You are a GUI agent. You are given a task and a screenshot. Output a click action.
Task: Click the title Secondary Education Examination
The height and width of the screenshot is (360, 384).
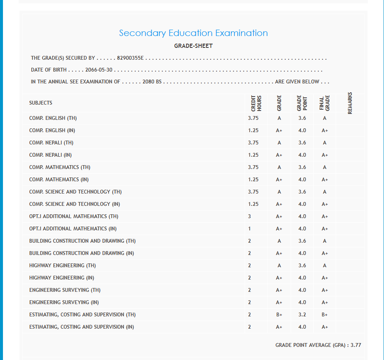(x=193, y=33)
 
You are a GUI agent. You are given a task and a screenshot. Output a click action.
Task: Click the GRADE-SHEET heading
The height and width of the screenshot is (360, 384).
(x=193, y=46)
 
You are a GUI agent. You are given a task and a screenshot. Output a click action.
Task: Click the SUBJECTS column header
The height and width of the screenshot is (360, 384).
(x=41, y=103)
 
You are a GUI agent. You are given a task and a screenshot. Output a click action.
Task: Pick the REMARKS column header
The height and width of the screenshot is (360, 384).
(x=350, y=103)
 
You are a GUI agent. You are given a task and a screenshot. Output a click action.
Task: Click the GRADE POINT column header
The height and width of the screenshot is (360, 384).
(x=302, y=103)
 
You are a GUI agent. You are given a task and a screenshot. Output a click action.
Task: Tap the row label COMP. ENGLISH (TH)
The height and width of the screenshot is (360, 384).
(x=53, y=118)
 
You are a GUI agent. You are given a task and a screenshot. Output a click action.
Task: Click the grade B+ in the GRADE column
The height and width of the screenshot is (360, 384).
(x=279, y=315)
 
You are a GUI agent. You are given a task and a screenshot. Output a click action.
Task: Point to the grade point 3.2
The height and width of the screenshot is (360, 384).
(x=302, y=315)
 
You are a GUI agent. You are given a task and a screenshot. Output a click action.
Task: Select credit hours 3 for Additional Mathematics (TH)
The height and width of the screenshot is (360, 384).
(x=250, y=216)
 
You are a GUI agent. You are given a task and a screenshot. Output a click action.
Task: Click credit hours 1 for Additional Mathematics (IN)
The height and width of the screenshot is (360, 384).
(x=250, y=229)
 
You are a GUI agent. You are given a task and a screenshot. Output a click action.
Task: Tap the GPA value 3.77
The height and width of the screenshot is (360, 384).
(x=356, y=345)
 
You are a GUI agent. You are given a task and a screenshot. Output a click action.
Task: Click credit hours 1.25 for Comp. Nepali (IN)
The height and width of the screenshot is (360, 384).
(x=253, y=155)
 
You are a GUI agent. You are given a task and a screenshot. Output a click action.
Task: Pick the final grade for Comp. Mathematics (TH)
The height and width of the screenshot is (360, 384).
(x=325, y=167)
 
